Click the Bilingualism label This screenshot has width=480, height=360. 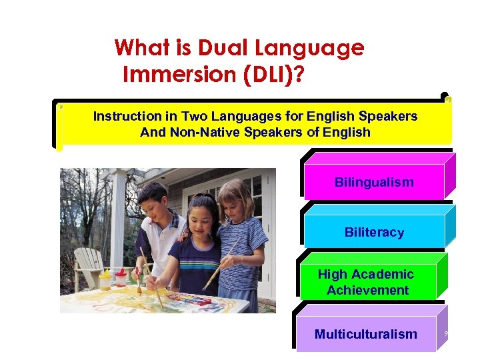pyautogui.click(x=374, y=182)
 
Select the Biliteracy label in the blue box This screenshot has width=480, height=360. pyautogui.click(x=374, y=232)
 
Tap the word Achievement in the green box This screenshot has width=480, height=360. pyautogui.click(x=367, y=290)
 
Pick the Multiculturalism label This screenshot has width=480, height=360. pyautogui.click(x=365, y=334)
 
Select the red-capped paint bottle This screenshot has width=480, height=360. pyautogui.click(x=121, y=276)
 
